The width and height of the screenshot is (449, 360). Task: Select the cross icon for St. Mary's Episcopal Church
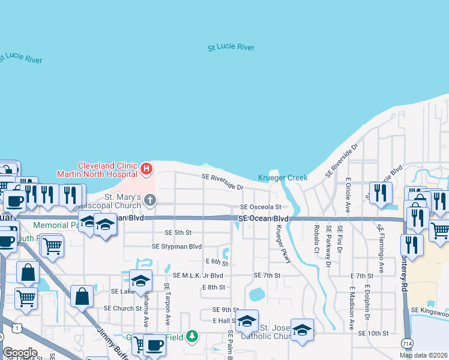coord(149,200)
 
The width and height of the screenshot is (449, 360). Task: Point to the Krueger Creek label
coord(283,178)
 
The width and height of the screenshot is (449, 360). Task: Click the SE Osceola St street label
coord(261,207)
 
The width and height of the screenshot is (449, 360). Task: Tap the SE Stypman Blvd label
coord(176,247)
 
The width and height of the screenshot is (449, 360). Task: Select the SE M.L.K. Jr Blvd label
coord(197,275)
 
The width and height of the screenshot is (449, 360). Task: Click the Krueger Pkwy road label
coord(279,244)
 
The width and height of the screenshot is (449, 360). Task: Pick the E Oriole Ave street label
coord(348,196)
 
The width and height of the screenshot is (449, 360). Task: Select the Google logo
coord(20,353)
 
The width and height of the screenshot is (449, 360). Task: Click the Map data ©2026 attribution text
coord(423,355)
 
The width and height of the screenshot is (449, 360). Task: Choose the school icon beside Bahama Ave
coord(140,280)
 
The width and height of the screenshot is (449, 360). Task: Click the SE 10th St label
coord(373,333)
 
